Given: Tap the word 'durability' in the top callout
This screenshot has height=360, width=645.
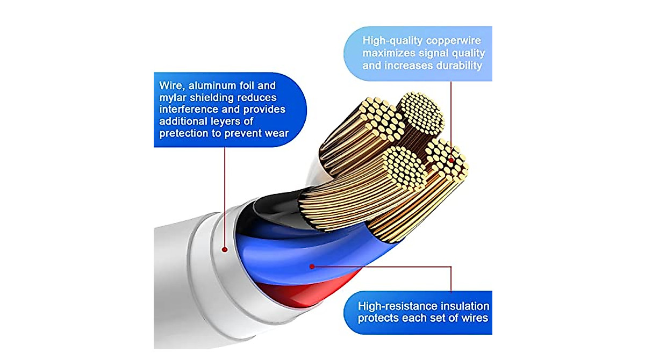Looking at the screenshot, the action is (x=459, y=66).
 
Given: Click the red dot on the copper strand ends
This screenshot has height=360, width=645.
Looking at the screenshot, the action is (x=451, y=160).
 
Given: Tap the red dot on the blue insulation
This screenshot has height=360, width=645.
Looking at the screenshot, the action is (x=312, y=267).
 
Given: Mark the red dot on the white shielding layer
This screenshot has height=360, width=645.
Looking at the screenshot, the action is (x=225, y=249).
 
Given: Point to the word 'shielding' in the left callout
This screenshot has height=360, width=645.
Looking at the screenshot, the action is (x=211, y=98).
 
